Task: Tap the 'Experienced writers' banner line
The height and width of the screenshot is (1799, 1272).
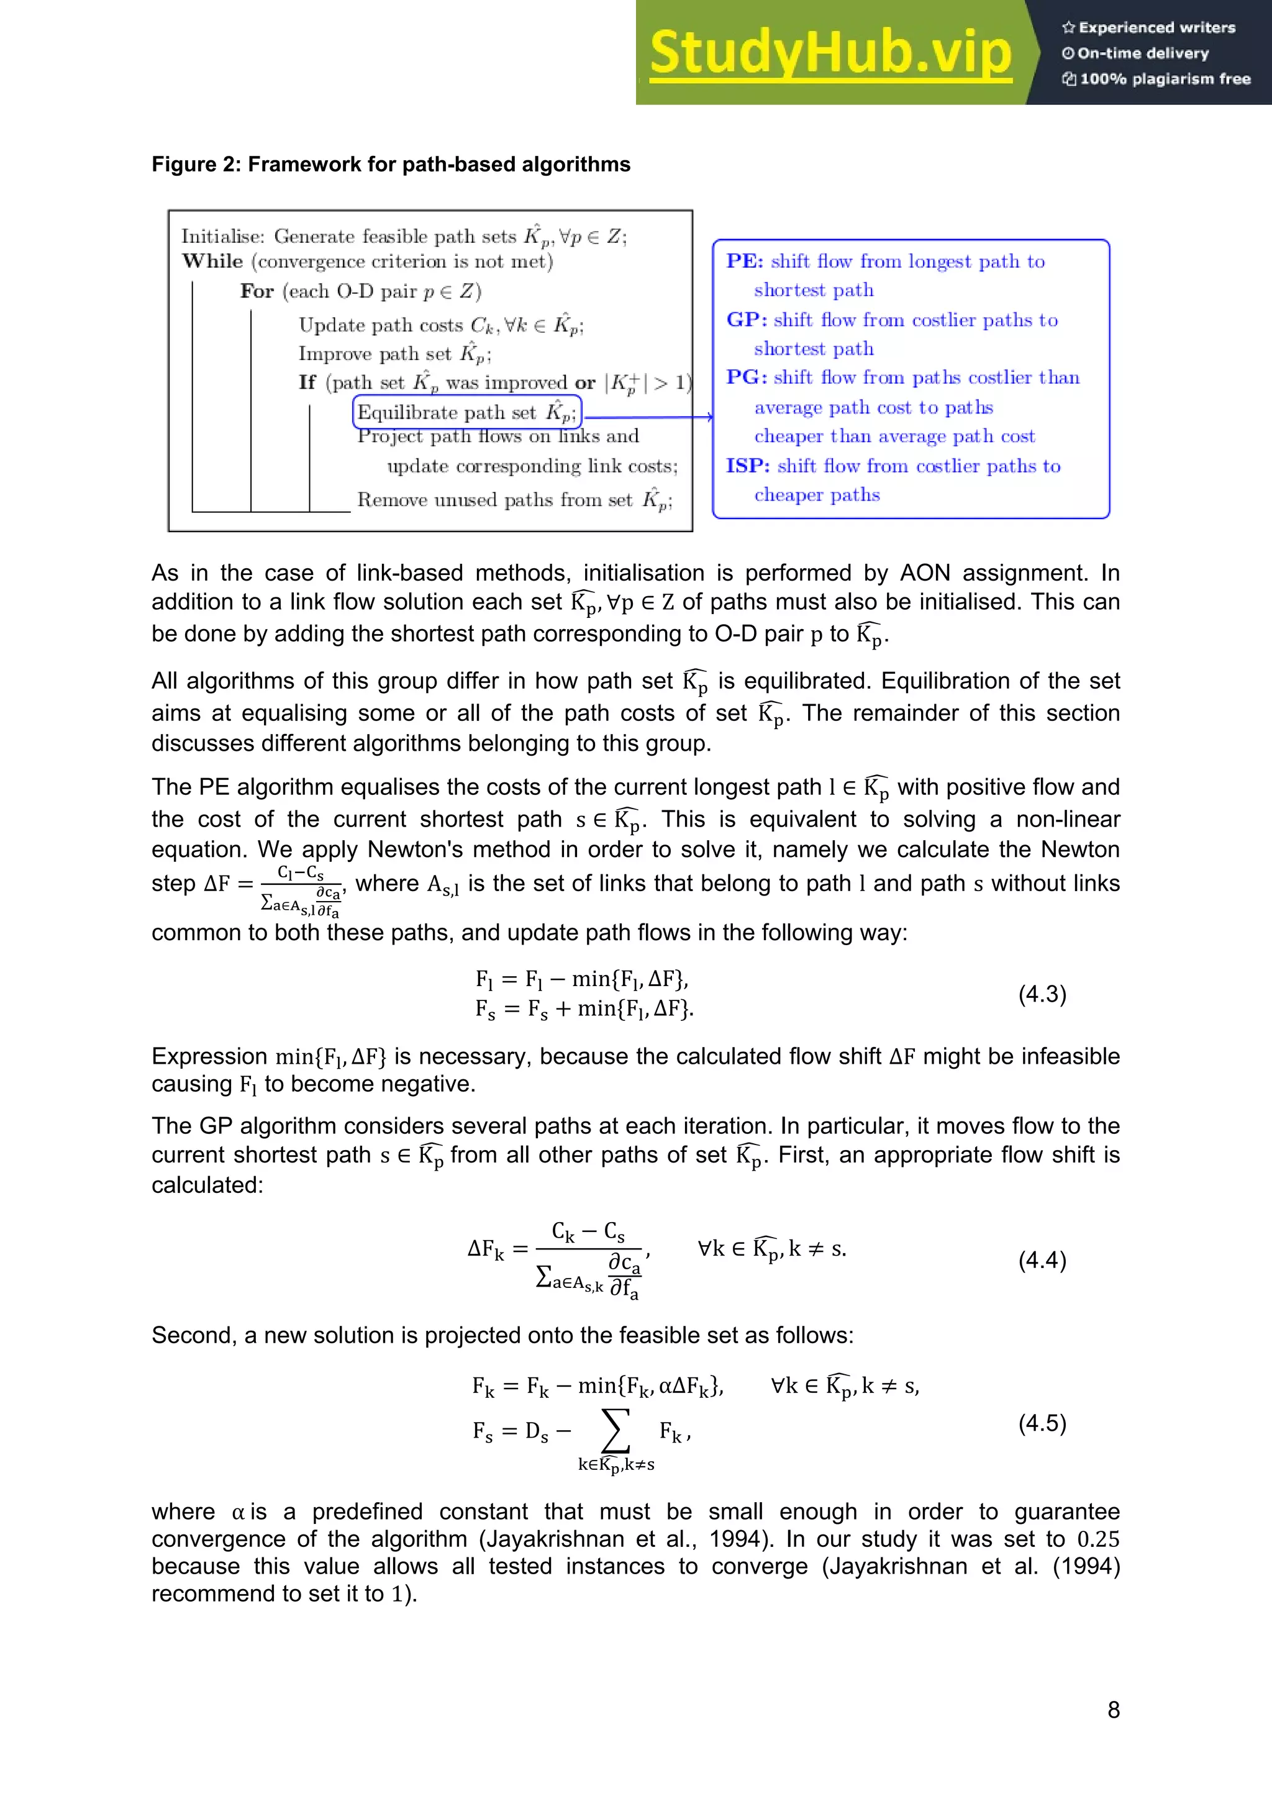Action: tap(1148, 27)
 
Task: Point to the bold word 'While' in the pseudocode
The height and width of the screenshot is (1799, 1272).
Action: tap(212, 261)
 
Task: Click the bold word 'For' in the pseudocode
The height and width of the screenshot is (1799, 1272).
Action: tap(257, 291)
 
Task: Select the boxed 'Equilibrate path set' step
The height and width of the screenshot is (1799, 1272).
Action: tap(466, 412)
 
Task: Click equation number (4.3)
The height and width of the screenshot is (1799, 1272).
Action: tap(1042, 994)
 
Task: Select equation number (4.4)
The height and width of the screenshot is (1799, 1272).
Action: tap(1042, 1260)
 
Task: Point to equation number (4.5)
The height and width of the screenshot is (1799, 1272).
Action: tap(1042, 1423)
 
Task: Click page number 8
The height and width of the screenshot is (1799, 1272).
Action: tap(1113, 1710)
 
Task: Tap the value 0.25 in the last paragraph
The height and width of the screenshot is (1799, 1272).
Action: tap(1097, 1539)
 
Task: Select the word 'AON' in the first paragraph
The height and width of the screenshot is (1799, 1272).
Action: tap(924, 573)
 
